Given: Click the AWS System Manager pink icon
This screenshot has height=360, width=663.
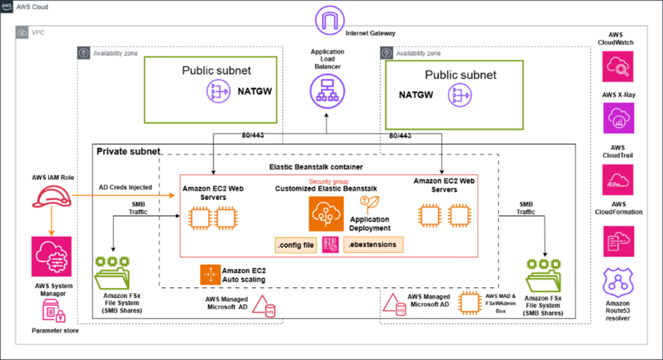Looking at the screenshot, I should [50, 256].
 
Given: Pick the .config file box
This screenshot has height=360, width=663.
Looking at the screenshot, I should [297, 245].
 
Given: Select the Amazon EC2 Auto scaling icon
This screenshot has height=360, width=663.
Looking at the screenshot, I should [210, 275].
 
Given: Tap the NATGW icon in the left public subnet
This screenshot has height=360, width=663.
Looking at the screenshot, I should [218, 92].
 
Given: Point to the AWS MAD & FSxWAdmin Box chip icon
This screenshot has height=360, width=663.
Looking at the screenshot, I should [469, 302].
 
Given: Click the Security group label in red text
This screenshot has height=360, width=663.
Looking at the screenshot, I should [330, 181].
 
